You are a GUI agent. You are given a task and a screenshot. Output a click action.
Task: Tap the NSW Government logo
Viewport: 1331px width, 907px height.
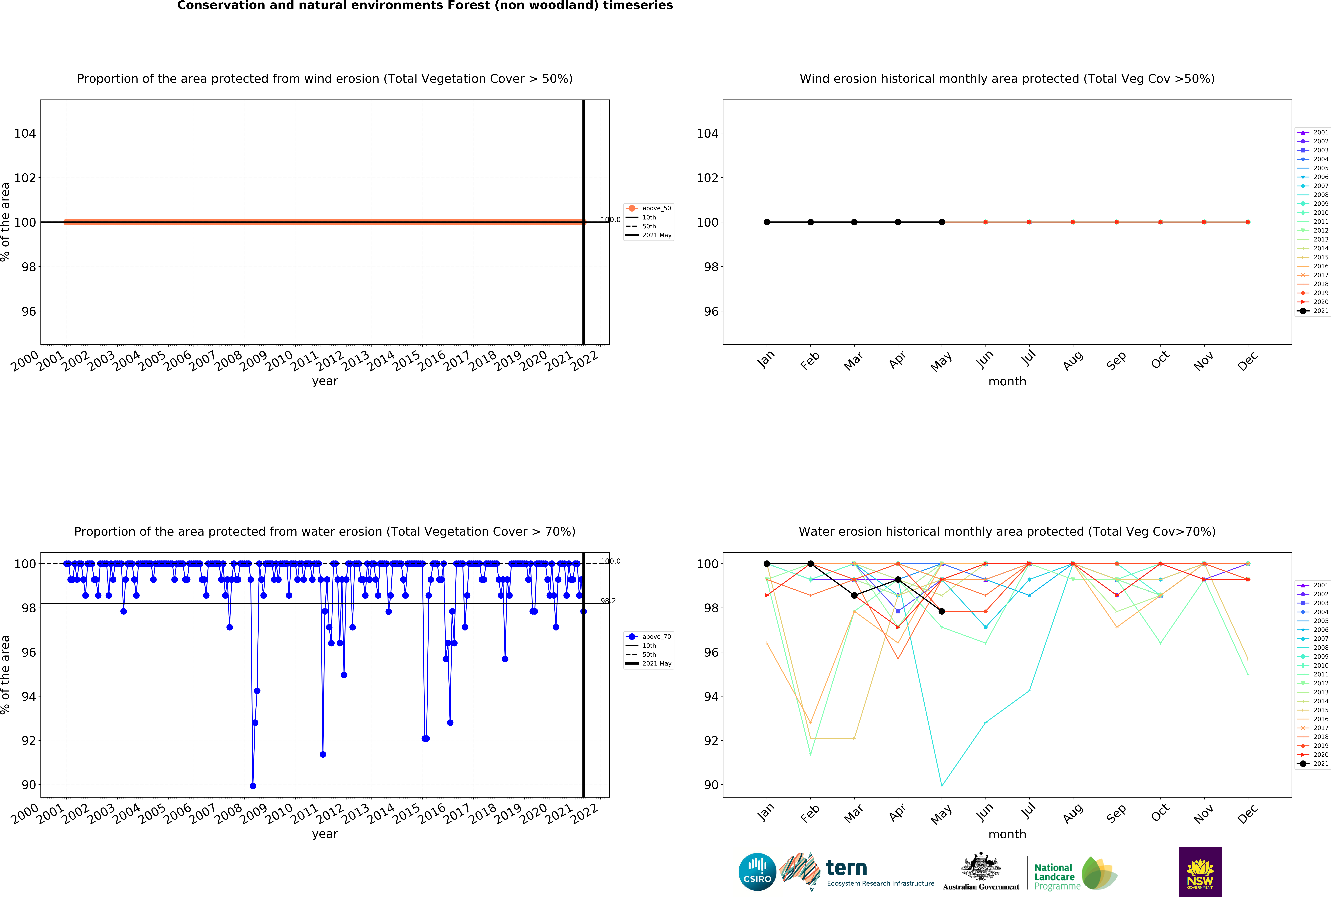pos(1200,872)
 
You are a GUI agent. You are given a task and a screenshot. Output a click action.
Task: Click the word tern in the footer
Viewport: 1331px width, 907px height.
pos(846,868)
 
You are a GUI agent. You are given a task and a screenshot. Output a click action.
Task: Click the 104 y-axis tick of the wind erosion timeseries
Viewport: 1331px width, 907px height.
pos(25,133)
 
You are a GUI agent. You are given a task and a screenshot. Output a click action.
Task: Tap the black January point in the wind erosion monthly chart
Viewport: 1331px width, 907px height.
pos(767,222)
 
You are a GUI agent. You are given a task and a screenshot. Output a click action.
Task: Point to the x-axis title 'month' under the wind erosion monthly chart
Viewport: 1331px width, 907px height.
pos(1007,381)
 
